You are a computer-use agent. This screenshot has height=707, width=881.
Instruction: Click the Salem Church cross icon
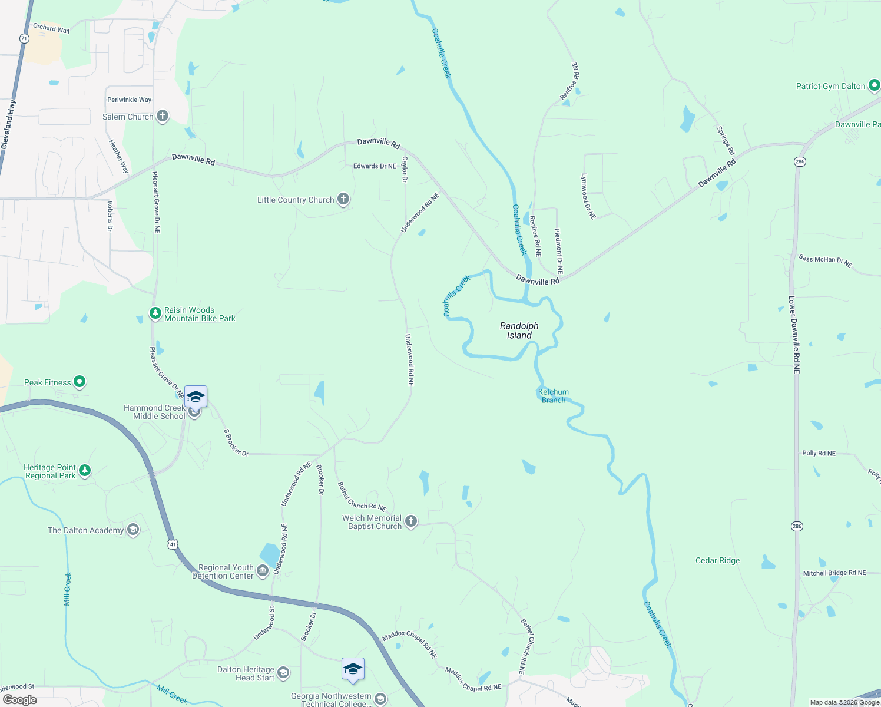click(x=163, y=116)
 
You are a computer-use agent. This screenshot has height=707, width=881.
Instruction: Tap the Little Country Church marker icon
click(x=343, y=200)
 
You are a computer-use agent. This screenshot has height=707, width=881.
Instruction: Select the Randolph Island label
click(x=519, y=331)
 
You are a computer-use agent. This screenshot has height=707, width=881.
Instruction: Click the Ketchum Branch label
click(x=553, y=396)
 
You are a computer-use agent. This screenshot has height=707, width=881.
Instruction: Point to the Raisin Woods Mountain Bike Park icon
click(x=155, y=313)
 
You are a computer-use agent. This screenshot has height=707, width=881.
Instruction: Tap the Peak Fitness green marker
click(x=80, y=382)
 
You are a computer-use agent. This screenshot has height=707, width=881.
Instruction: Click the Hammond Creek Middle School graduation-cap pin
click(x=196, y=397)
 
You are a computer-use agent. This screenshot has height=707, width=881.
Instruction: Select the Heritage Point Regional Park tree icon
click(x=85, y=471)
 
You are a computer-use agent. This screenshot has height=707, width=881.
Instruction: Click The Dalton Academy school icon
click(x=133, y=530)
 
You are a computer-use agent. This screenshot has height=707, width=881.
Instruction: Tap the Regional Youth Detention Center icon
click(x=263, y=570)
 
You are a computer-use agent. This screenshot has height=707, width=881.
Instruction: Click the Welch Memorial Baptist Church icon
click(x=411, y=521)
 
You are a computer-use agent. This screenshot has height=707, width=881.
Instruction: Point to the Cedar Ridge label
click(x=717, y=560)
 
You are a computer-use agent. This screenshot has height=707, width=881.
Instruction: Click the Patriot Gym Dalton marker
click(x=874, y=86)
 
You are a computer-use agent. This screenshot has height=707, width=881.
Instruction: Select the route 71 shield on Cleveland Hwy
click(x=24, y=38)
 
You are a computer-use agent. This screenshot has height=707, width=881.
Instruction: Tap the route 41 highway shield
click(x=173, y=544)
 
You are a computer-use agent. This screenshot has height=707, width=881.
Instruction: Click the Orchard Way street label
click(x=51, y=28)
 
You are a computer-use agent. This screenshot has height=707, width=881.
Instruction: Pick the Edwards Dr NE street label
click(x=375, y=166)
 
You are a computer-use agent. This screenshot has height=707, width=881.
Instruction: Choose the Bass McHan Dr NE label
click(x=825, y=260)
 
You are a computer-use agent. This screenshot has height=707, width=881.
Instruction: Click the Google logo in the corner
click(x=20, y=699)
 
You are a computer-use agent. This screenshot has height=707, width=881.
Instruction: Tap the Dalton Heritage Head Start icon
click(x=283, y=673)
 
